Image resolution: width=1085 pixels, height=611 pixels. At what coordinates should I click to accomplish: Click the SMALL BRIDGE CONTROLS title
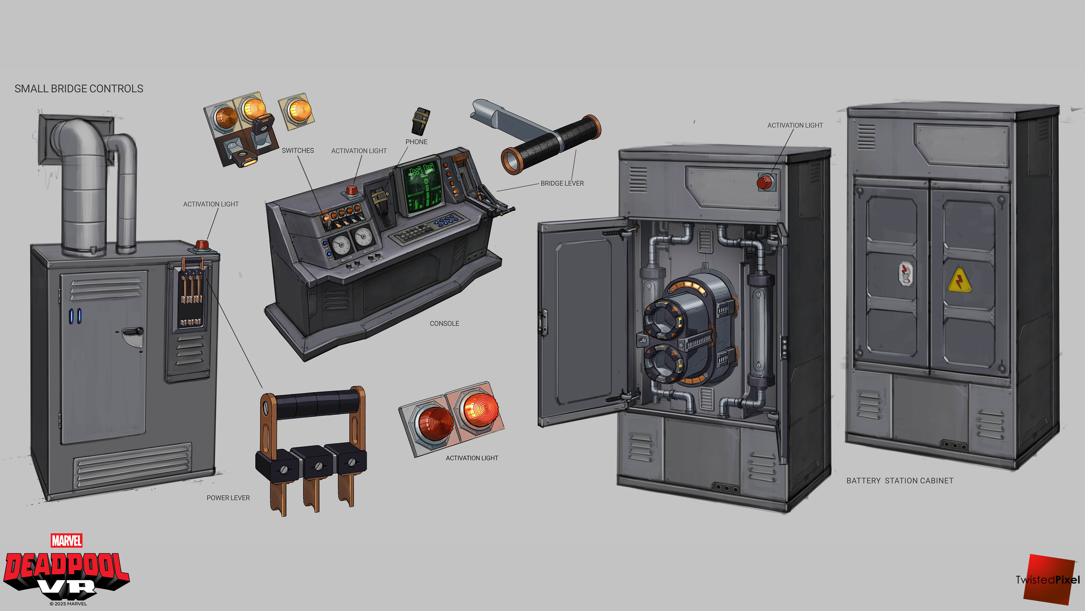[x=79, y=89]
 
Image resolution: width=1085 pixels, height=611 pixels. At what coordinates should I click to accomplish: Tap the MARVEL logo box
[x=67, y=540]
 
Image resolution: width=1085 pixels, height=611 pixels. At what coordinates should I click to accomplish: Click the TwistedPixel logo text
[x=1047, y=580]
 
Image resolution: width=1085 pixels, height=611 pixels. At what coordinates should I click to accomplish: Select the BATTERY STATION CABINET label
[x=900, y=481]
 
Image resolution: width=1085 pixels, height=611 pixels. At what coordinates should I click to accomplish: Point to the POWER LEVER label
[x=228, y=498]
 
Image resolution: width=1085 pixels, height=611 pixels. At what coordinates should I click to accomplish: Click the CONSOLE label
[x=444, y=323]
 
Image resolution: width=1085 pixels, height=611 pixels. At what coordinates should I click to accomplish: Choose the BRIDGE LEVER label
[x=562, y=183]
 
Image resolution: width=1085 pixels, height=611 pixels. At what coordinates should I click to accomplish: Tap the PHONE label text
[x=416, y=142]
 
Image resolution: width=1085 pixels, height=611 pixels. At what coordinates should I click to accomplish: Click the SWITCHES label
[x=298, y=150]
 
